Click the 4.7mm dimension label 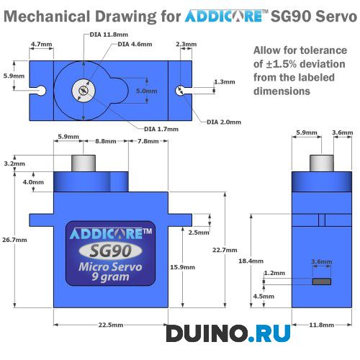coord(41,45)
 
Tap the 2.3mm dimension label coord(186,45)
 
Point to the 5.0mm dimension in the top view coord(146,91)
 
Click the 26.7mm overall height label coord(14,240)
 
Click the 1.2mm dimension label coord(275,274)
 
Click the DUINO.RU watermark coord(229,333)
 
